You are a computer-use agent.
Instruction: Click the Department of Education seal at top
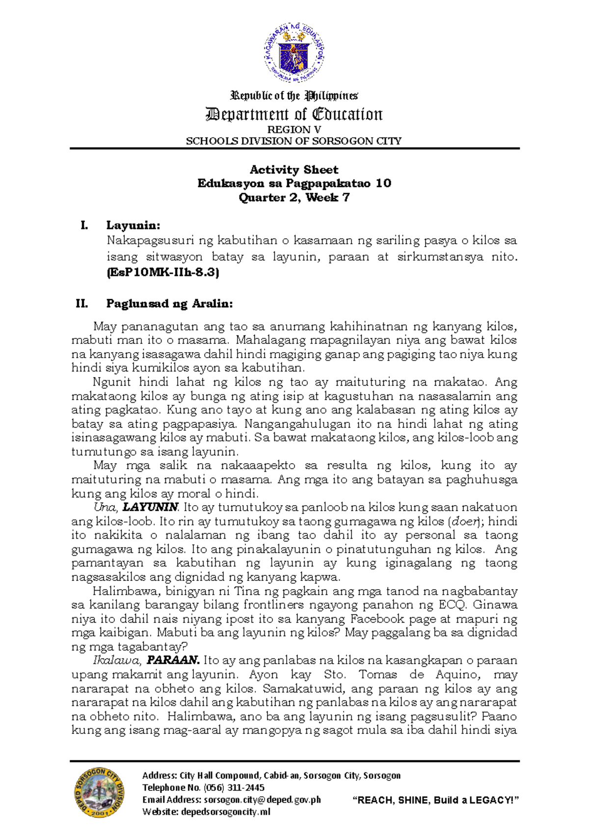[294, 54]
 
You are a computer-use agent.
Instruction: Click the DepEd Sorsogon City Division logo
[99, 793]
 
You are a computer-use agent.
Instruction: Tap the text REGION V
[294, 130]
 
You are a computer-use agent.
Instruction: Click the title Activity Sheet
[294, 170]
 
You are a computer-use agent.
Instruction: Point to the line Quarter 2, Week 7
[294, 197]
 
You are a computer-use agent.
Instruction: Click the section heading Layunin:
[133, 226]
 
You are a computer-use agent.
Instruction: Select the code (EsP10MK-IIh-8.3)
[162, 272]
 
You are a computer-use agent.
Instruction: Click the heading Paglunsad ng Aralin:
[169, 304]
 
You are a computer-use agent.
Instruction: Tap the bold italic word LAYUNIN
[150, 507]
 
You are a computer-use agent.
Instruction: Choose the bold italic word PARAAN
[173, 660]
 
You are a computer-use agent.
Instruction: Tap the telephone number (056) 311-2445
[234, 787]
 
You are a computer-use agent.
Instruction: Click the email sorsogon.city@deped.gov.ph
[262, 800]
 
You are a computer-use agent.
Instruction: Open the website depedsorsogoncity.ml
[226, 812]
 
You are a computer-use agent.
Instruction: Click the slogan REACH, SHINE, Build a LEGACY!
[436, 800]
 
